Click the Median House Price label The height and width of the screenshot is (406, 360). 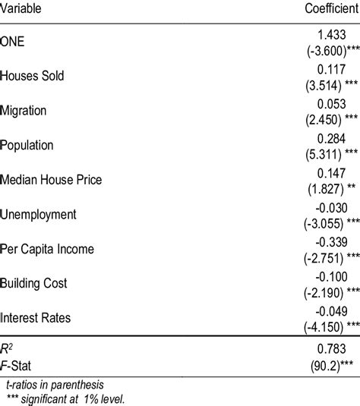52,180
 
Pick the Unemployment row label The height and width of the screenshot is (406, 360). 39,214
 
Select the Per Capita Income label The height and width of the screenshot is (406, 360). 48,249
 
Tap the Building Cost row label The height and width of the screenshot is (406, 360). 34,283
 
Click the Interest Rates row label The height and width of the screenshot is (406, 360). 36,317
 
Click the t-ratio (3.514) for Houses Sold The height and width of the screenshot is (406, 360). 319,84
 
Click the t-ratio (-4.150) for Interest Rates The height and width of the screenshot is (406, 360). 318,325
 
